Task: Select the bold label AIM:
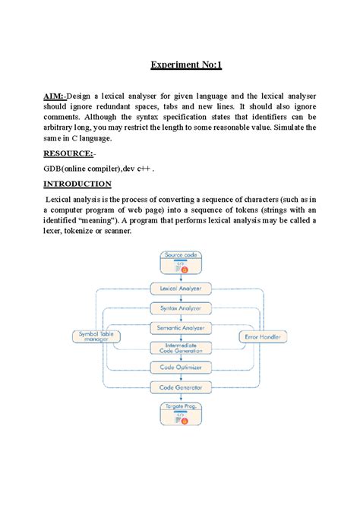coord(53,96)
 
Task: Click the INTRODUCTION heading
coord(77,184)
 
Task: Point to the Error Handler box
coord(263,336)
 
